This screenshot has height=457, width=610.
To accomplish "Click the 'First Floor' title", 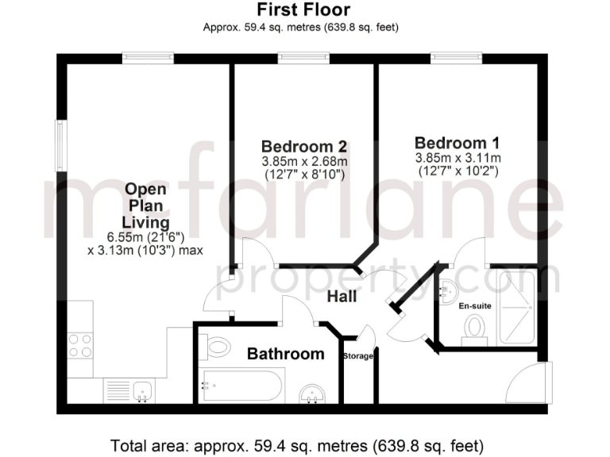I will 303,10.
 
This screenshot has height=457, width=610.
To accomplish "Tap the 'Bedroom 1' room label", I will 457,144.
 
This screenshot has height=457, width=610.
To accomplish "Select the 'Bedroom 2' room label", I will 303,147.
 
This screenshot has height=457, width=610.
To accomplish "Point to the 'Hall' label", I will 342,297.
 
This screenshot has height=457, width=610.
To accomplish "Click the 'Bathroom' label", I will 285,354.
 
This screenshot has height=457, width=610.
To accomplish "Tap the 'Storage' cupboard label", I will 357,356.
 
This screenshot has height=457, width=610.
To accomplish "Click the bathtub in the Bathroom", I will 241,386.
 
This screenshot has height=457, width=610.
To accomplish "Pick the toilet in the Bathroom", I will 215,346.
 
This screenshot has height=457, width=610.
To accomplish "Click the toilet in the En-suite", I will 474,328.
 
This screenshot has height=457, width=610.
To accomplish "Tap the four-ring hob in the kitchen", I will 80,345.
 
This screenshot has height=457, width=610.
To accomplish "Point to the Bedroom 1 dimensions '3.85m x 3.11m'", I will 457,158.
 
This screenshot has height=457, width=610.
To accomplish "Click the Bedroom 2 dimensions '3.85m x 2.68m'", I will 303,161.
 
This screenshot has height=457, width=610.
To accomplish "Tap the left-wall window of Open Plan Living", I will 60,145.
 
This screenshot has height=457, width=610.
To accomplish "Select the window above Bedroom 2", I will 303,58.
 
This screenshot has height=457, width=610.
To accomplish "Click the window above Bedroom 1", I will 456,58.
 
